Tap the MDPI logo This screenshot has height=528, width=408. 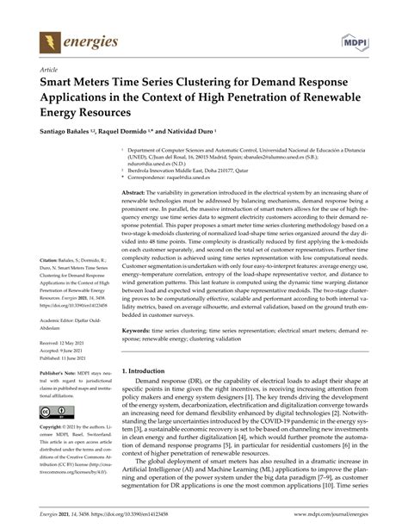357,40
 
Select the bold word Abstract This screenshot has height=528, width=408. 137,191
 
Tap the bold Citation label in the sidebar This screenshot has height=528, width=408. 49,258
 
